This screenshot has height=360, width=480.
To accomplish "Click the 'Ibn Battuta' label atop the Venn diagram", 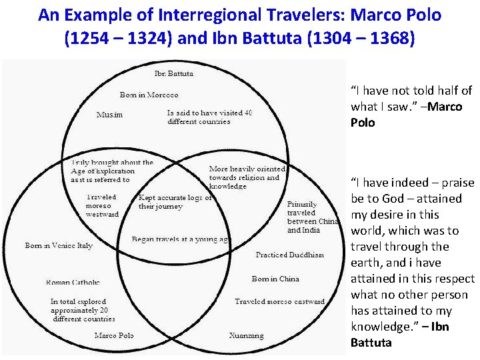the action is (x=174, y=74).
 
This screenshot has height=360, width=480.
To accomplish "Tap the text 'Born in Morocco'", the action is (x=149, y=95).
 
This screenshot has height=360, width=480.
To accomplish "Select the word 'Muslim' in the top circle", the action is (x=109, y=115).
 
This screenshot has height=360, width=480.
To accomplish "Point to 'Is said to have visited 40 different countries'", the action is (x=209, y=117).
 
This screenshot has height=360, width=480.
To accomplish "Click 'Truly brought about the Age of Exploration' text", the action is (x=112, y=171).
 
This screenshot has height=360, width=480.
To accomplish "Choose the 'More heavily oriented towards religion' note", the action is (x=247, y=177).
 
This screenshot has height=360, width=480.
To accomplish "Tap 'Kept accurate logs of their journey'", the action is (x=175, y=202).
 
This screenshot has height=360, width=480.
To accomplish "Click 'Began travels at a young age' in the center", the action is (x=181, y=239).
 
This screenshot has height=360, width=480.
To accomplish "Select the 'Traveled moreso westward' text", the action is (x=102, y=205).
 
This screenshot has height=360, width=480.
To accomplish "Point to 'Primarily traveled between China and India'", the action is (x=312, y=217).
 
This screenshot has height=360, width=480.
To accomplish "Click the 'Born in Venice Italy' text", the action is (x=59, y=245).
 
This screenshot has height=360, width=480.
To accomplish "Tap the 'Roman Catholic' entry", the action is (x=73, y=282).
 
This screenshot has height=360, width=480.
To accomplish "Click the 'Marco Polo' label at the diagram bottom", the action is (x=113, y=335).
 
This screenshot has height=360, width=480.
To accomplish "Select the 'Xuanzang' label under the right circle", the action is (x=246, y=335).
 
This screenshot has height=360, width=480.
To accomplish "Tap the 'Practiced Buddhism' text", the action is (x=289, y=255).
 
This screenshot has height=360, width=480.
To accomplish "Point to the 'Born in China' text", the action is (x=275, y=279).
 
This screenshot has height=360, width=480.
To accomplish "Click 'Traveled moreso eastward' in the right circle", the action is (x=279, y=301).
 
